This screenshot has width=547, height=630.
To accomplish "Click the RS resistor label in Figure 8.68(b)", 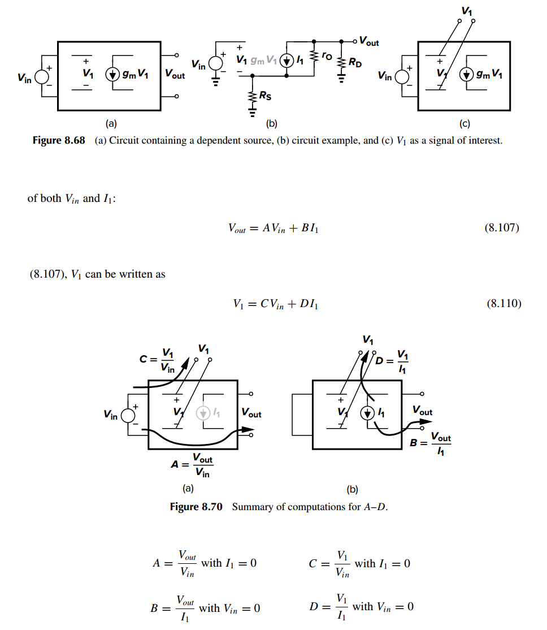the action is [265, 96].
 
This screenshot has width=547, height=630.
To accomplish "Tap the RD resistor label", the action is [355, 63].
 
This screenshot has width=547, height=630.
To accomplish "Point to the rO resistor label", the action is [327, 56].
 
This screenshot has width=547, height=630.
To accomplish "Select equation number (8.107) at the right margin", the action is [502, 228].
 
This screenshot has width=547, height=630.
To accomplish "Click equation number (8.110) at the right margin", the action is [504, 303].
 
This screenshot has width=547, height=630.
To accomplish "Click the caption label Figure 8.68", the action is [59, 140].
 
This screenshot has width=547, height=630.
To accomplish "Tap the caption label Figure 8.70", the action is [196, 507].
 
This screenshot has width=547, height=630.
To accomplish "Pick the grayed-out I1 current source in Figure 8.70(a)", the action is [203, 413].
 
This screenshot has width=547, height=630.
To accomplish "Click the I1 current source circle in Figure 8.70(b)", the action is [367, 413].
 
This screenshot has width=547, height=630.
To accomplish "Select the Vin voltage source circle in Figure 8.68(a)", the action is [41, 77].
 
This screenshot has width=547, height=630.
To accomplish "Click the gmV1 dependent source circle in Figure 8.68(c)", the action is [466, 74].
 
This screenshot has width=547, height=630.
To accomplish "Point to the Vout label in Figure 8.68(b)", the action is [369, 41].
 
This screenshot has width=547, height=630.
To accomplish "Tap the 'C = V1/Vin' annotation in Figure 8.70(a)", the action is [157, 360].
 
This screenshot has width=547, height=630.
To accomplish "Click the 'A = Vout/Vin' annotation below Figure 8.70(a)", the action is [192, 465].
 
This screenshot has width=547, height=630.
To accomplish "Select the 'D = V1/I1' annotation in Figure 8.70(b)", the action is [392, 361].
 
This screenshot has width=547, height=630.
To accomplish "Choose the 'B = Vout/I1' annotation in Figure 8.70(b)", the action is [430, 443].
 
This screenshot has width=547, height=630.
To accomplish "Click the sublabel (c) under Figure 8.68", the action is [464, 123].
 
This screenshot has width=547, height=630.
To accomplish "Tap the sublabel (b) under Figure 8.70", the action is [352, 489].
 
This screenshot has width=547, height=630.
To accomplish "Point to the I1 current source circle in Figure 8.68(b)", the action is [286, 61].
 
